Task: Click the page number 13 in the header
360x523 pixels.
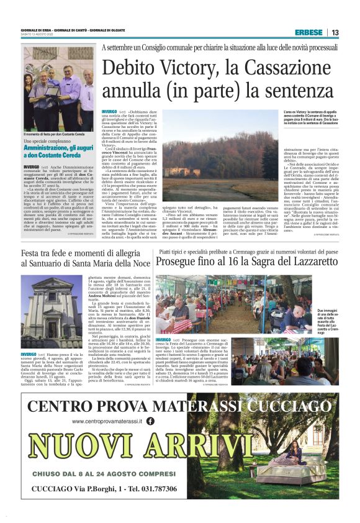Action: click(335, 32)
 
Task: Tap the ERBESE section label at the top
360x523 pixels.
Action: click(308, 32)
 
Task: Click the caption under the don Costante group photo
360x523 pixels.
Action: click(53, 134)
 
